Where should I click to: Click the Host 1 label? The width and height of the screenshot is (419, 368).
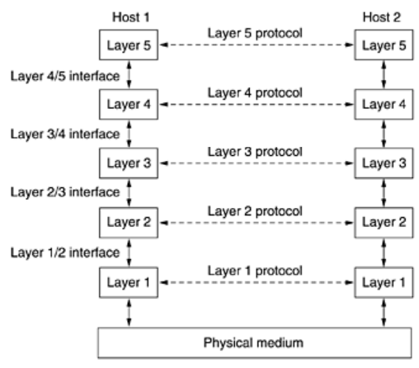(131, 17)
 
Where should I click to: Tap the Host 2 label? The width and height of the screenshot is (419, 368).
(382, 17)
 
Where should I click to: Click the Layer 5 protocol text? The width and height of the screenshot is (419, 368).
(255, 33)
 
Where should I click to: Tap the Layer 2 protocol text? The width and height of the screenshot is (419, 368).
(255, 211)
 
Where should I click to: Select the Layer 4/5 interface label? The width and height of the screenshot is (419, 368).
(65, 76)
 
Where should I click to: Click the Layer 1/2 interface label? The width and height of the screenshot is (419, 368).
(65, 252)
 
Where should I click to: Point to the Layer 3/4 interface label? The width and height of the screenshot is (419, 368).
(65, 134)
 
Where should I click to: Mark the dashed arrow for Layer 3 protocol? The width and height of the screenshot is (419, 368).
(257, 163)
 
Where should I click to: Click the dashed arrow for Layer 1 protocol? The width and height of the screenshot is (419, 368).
(257, 282)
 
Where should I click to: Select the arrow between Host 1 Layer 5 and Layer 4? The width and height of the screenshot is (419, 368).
(129, 74)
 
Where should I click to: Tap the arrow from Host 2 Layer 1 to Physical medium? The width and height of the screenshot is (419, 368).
(384, 313)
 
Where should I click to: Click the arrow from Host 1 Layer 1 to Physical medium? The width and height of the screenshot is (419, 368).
(129, 313)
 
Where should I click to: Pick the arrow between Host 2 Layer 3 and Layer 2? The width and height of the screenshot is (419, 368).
(384, 193)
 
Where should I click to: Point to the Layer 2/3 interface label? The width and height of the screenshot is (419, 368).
(65, 192)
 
